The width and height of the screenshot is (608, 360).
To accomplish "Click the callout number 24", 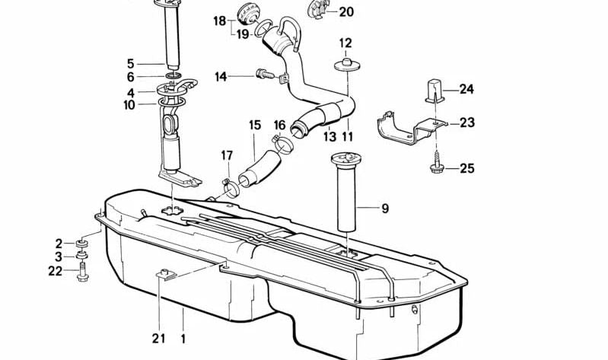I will (466, 90).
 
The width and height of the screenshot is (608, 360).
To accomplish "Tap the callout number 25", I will (466, 168).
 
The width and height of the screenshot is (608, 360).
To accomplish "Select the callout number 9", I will (384, 208).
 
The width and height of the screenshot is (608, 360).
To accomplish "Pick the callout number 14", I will (221, 76).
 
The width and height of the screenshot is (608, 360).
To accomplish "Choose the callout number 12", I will (345, 43).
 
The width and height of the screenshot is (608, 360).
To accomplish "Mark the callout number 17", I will (227, 156).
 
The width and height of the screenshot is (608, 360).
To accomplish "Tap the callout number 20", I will (345, 12).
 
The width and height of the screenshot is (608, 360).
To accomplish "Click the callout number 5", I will (130, 64).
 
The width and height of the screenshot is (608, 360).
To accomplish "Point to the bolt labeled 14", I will (263, 75).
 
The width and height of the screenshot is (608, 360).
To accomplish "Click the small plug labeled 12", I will (345, 61).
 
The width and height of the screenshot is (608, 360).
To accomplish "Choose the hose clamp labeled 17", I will (228, 183).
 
